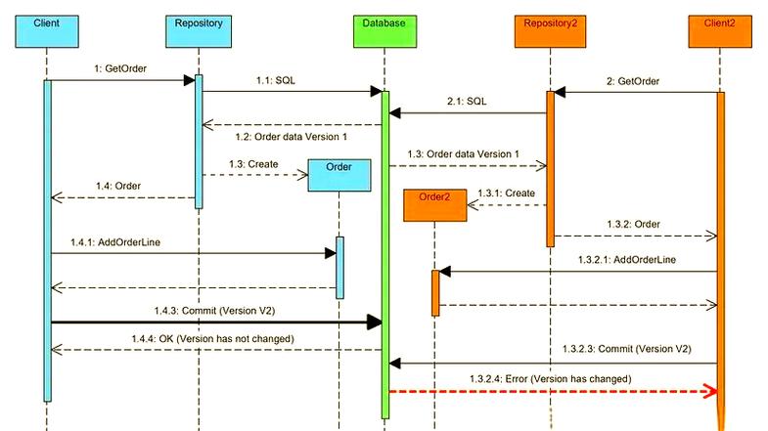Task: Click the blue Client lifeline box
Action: point(46,22)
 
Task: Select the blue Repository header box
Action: point(198,22)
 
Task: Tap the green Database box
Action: point(384,22)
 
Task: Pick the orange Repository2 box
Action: point(550,22)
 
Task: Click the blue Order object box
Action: point(340,175)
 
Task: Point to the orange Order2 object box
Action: point(434,204)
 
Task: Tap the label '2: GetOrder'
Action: point(632,81)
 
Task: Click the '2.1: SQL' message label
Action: point(467,101)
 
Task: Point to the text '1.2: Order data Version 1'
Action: point(290,137)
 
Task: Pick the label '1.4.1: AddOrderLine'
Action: point(116,240)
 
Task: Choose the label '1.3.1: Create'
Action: point(506,193)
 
